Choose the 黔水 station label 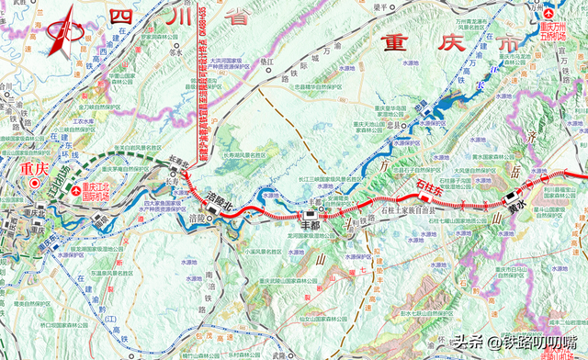click(512, 209)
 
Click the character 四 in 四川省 click(119, 17)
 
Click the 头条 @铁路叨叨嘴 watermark click(518, 343)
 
